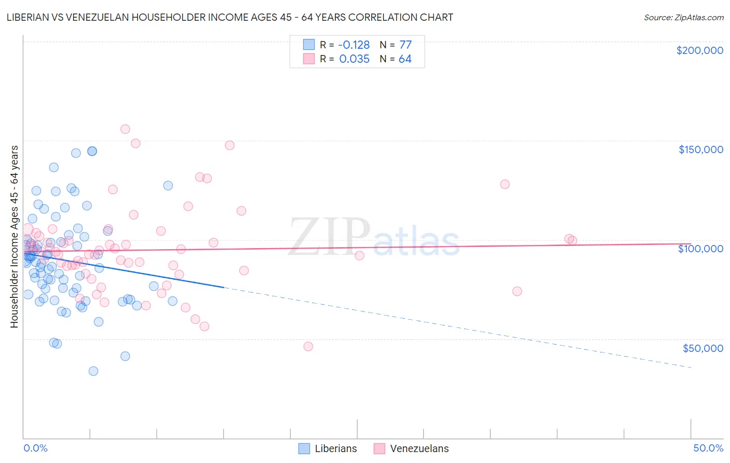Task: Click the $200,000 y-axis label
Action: (x=699, y=50)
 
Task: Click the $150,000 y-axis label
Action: (x=700, y=149)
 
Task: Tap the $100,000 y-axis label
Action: (x=700, y=249)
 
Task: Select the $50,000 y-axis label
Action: (x=702, y=348)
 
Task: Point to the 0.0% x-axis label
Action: (x=35, y=448)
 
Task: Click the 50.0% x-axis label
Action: (x=708, y=448)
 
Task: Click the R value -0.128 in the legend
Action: (x=354, y=45)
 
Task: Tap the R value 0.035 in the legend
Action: (x=354, y=59)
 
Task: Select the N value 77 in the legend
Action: (x=405, y=45)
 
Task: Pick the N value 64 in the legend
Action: (x=405, y=59)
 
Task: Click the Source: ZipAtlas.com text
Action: (x=683, y=17)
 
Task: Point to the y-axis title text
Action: (x=14, y=236)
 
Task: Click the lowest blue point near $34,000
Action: (x=93, y=371)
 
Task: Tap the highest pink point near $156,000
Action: (x=125, y=129)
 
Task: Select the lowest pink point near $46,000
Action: (x=308, y=346)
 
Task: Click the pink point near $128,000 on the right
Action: (x=505, y=184)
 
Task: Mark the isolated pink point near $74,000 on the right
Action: (x=517, y=291)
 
